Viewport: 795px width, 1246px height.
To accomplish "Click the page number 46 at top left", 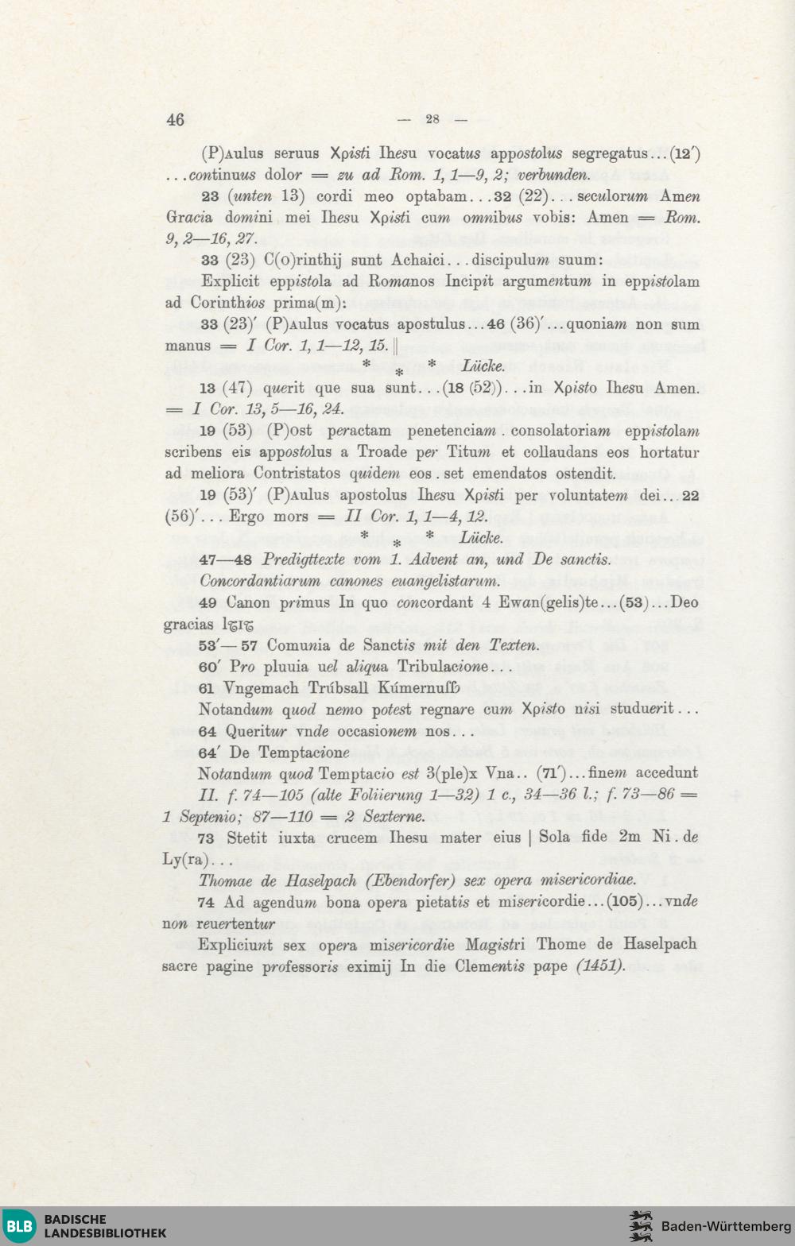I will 175,119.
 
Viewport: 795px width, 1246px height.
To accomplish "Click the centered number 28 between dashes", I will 432,119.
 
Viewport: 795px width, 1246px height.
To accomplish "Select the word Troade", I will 382,452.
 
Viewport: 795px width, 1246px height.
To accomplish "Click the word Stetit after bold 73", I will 248,838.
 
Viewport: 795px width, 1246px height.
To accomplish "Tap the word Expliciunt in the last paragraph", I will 235,944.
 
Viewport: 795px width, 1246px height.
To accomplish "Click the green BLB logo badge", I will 19,1226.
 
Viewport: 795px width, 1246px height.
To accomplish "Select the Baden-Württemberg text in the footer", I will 726,1226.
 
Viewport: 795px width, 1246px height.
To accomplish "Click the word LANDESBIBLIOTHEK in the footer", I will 105,1233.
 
